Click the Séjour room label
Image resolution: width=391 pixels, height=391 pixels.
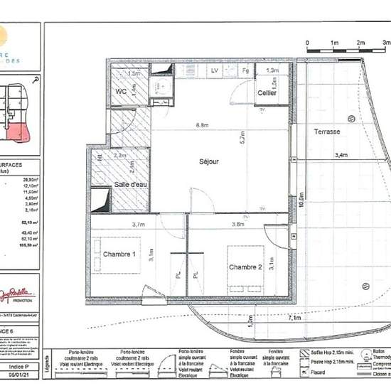pos(209,161)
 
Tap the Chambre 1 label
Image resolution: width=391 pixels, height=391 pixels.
pos(119,254)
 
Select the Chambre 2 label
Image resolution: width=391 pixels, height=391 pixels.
pos(246,267)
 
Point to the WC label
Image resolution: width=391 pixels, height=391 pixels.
pos(120,92)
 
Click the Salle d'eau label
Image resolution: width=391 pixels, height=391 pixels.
pos(131,185)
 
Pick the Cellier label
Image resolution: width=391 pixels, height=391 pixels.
pos(267,93)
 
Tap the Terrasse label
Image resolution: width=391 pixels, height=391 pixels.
pos(327,132)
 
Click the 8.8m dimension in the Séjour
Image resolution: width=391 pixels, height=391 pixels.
pos(202,125)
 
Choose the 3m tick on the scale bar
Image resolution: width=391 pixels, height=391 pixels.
pos(386,43)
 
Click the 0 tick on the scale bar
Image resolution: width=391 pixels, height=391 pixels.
pos(307,43)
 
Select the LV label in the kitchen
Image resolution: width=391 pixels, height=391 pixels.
pos(213,71)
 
